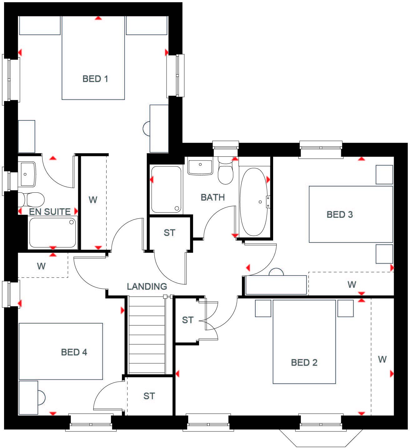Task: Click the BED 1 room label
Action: [95, 79]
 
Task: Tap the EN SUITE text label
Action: [50, 212]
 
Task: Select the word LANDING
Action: [147, 286]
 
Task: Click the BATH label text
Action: [212, 197]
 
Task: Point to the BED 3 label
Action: [340, 215]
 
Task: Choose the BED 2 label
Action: [304, 363]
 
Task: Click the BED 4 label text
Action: [74, 352]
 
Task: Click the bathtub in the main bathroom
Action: [253, 202]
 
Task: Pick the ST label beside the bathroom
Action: [169, 233]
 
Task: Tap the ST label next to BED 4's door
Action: [149, 396]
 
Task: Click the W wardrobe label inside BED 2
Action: [382, 359]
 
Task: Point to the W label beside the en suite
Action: [93, 200]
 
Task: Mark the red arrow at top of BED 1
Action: [98, 18]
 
